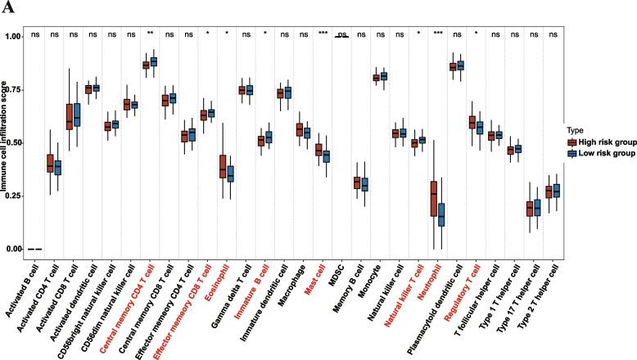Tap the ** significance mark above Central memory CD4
point(150,34)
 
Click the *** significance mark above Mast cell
point(323,34)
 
